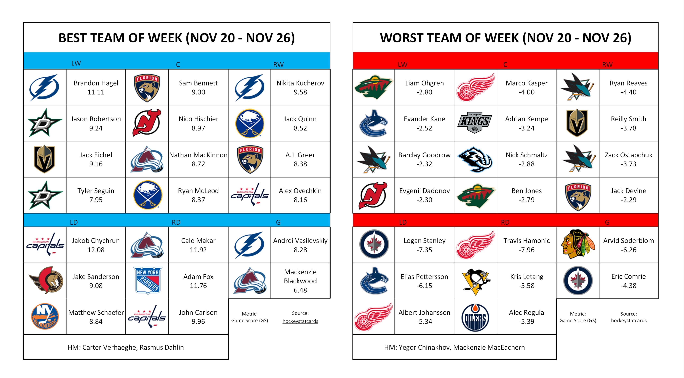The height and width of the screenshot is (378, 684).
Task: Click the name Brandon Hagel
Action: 96,83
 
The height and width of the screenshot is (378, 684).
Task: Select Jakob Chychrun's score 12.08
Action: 96,250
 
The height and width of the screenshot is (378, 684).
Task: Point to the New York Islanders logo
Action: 45,317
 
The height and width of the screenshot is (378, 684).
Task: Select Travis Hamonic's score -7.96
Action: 526,250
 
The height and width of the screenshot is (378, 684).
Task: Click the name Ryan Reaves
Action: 628,83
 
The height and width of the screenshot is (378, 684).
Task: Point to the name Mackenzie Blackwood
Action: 300,276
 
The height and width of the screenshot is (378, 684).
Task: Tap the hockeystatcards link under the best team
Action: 300,321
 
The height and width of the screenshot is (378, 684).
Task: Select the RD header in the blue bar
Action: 176,222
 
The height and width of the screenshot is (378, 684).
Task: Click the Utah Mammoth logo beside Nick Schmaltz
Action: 475,159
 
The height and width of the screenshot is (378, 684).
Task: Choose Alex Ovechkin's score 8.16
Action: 300,200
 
